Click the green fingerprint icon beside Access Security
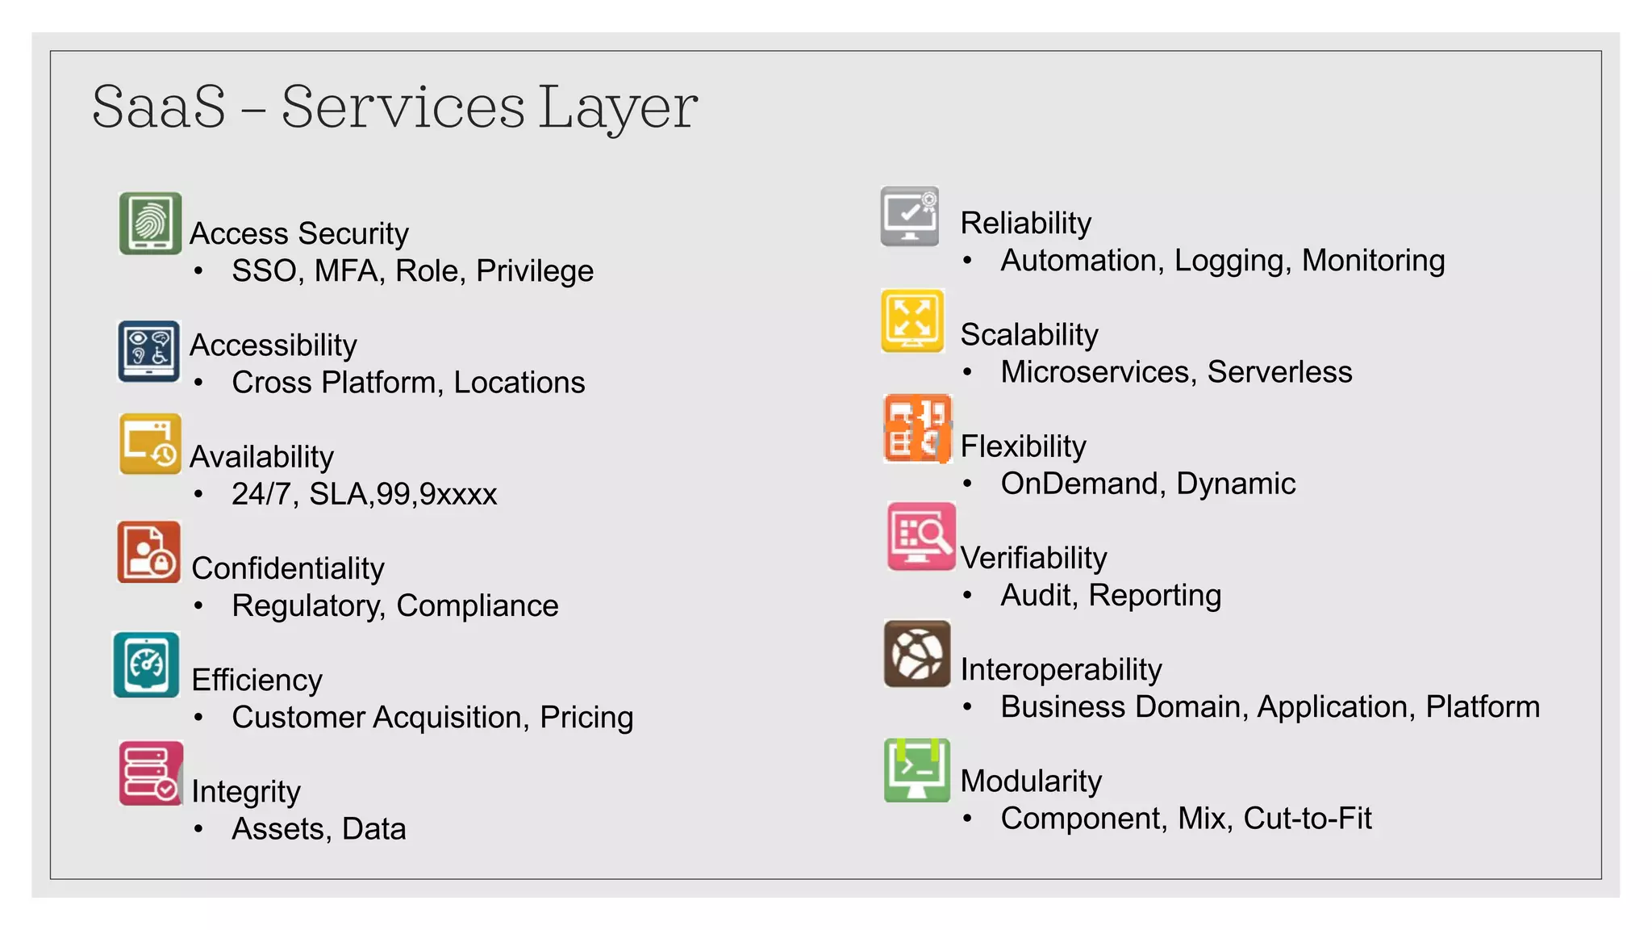(x=150, y=223)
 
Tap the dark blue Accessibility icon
(x=149, y=351)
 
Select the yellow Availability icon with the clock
(x=150, y=444)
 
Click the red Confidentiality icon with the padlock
(x=148, y=553)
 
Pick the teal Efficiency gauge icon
(x=146, y=664)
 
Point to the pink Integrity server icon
(x=150, y=773)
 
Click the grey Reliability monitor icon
(x=910, y=216)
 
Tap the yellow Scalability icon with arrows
(x=912, y=320)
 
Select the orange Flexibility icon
(x=917, y=429)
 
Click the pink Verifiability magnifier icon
(x=921, y=536)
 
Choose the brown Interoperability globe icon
(x=917, y=654)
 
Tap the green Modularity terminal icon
(x=917, y=770)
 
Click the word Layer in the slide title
(x=618, y=107)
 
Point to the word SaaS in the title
(x=159, y=107)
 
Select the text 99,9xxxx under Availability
(x=436, y=494)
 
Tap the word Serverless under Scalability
(x=1279, y=372)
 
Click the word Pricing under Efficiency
(x=586, y=718)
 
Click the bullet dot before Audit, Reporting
(x=967, y=596)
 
